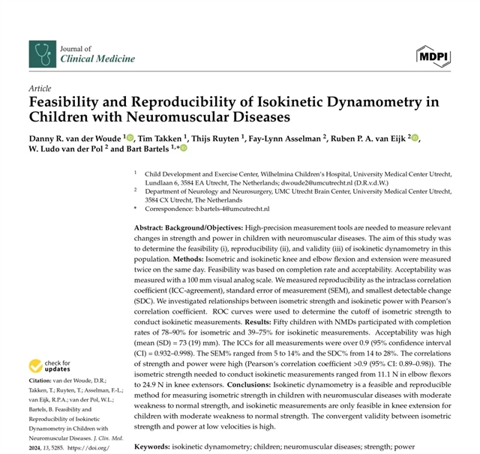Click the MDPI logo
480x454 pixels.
[x=434, y=54]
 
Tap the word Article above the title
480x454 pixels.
[x=40, y=89]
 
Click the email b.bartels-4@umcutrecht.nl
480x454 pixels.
[x=241, y=208]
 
